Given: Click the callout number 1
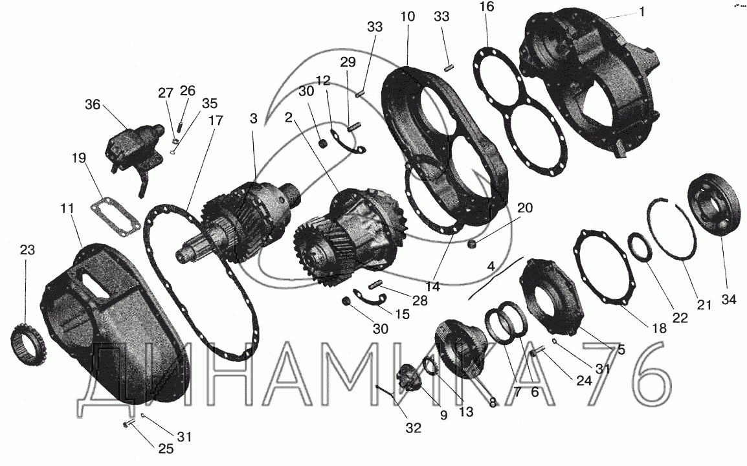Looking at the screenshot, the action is coord(641,12).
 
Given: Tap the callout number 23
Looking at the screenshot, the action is coord(27,250).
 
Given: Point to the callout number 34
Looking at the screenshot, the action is coord(729,299).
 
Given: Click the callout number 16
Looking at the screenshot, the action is coord(487,6).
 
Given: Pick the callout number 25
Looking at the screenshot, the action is coord(166,449).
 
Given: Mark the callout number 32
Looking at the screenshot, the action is coord(414,428).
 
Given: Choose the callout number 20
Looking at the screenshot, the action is coord(524,208).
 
